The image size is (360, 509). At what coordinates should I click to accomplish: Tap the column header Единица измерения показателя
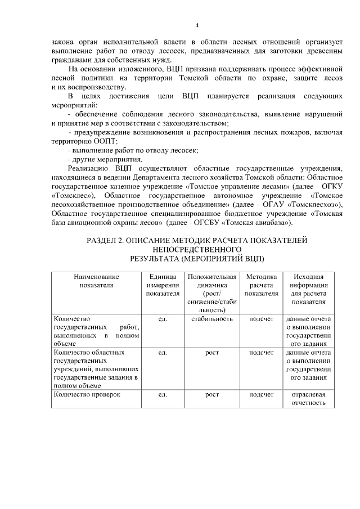pyautogui.click(x=163, y=285)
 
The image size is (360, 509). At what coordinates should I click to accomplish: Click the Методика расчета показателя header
pyautogui.click(x=261, y=285)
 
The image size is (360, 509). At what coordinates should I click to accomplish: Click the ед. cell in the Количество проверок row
pyautogui.click(x=163, y=395)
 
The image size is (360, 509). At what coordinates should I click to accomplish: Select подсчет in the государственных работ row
pyautogui.click(x=261, y=319)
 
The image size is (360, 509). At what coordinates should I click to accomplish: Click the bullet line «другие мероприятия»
pyautogui.click(x=98, y=159)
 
